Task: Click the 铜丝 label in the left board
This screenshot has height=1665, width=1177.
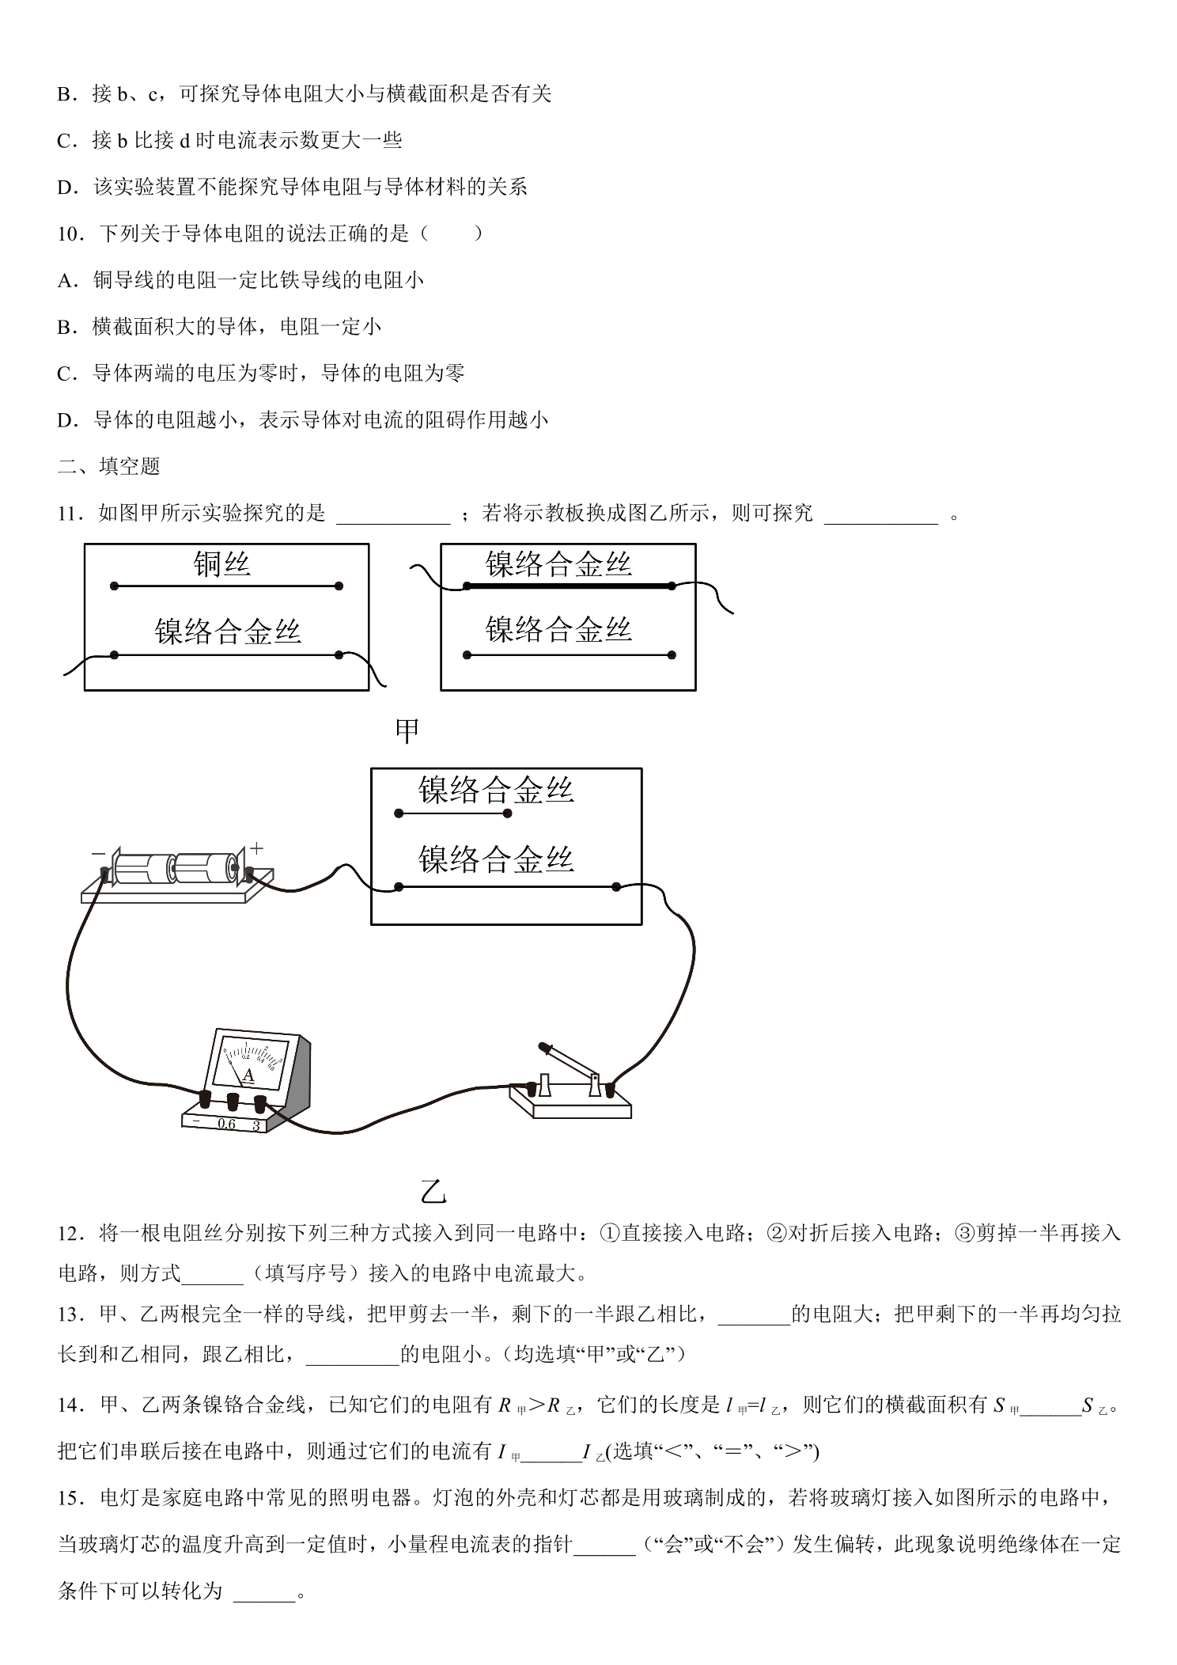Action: click(x=222, y=564)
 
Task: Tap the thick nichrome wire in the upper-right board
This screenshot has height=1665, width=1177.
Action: click(x=570, y=586)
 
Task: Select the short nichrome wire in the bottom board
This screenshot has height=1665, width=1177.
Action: click(x=453, y=813)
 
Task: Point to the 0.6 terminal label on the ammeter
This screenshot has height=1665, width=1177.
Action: click(x=226, y=1124)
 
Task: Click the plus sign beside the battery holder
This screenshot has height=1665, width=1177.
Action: click(x=257, y=849)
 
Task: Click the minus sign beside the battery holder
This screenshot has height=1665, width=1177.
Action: click(x=98, y=853)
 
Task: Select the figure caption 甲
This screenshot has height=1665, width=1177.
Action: click(x=407, y=731)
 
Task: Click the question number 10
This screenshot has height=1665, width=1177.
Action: click(x=70, y=233)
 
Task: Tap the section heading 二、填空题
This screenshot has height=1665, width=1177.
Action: click(x=109, y=466)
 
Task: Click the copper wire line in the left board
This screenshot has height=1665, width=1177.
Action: click(x=226, y=586)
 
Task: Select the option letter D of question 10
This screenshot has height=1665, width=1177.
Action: click(x=66, y=420)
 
